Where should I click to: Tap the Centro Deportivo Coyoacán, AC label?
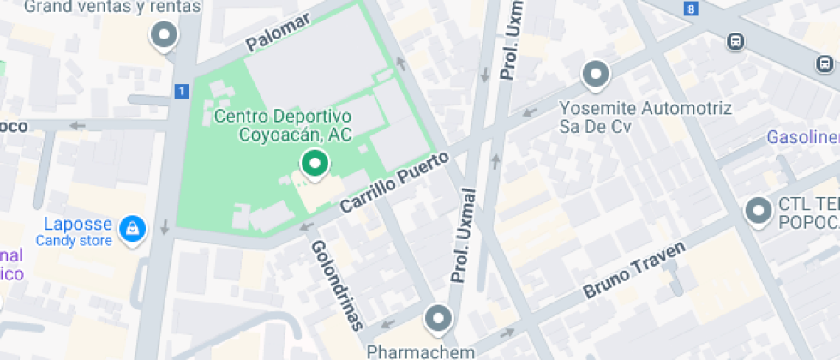[283, 125]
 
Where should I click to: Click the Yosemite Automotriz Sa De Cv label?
[645, 118]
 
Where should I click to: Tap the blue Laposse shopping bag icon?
[132, 229]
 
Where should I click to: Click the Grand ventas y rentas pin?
[163, 36]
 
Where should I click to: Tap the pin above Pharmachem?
[439, 319]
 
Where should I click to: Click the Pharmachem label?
[420, 351]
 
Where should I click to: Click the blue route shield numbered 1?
[181, 90]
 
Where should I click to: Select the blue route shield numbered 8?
[692, 9]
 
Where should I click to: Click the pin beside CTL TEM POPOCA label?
[759, 210]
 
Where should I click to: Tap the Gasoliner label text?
[802, 138]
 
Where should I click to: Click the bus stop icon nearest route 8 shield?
[735, 40]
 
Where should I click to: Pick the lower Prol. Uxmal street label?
[462, 235]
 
